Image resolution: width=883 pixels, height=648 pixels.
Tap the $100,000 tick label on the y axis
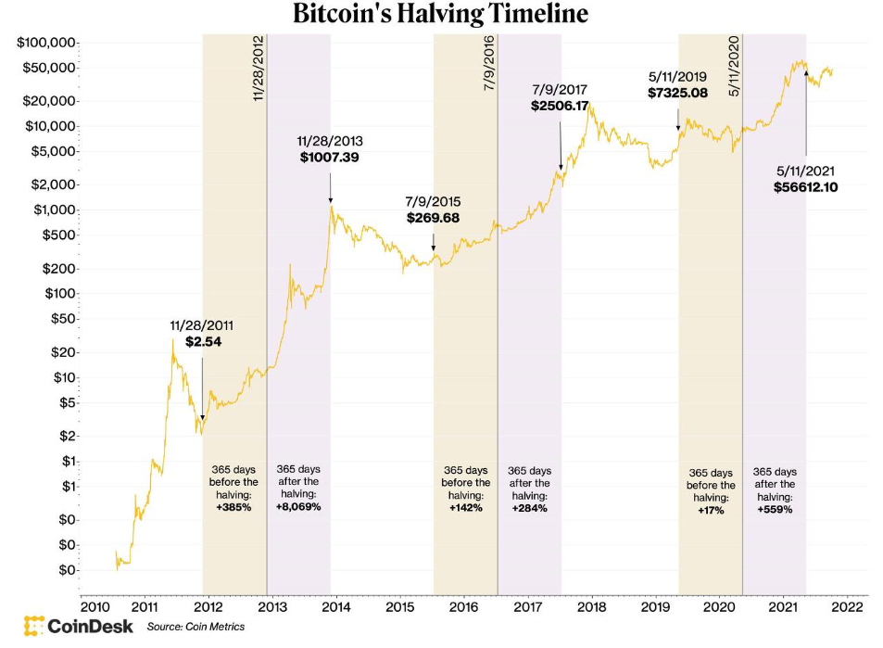(x=45, y=43)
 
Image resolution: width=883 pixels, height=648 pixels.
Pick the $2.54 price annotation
(x=203, y=342)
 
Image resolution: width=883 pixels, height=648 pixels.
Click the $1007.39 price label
(x=330, y=158)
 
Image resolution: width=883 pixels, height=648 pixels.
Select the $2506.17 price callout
(x=561, y=107)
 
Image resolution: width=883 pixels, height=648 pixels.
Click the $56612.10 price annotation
(x=806, y=186)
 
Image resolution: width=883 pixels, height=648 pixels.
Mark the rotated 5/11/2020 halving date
(x=734, y=66)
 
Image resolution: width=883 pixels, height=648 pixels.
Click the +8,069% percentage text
(x=298, y=506)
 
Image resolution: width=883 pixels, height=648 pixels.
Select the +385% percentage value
(x=233, y=507)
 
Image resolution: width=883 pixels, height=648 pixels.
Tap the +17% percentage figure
(x=711, y=511)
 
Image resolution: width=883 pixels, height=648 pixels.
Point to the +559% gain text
(x=775, y=509)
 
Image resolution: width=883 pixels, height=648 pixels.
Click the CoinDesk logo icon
(x=35, y=626)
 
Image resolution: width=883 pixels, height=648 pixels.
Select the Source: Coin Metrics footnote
(x=196, y=627)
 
